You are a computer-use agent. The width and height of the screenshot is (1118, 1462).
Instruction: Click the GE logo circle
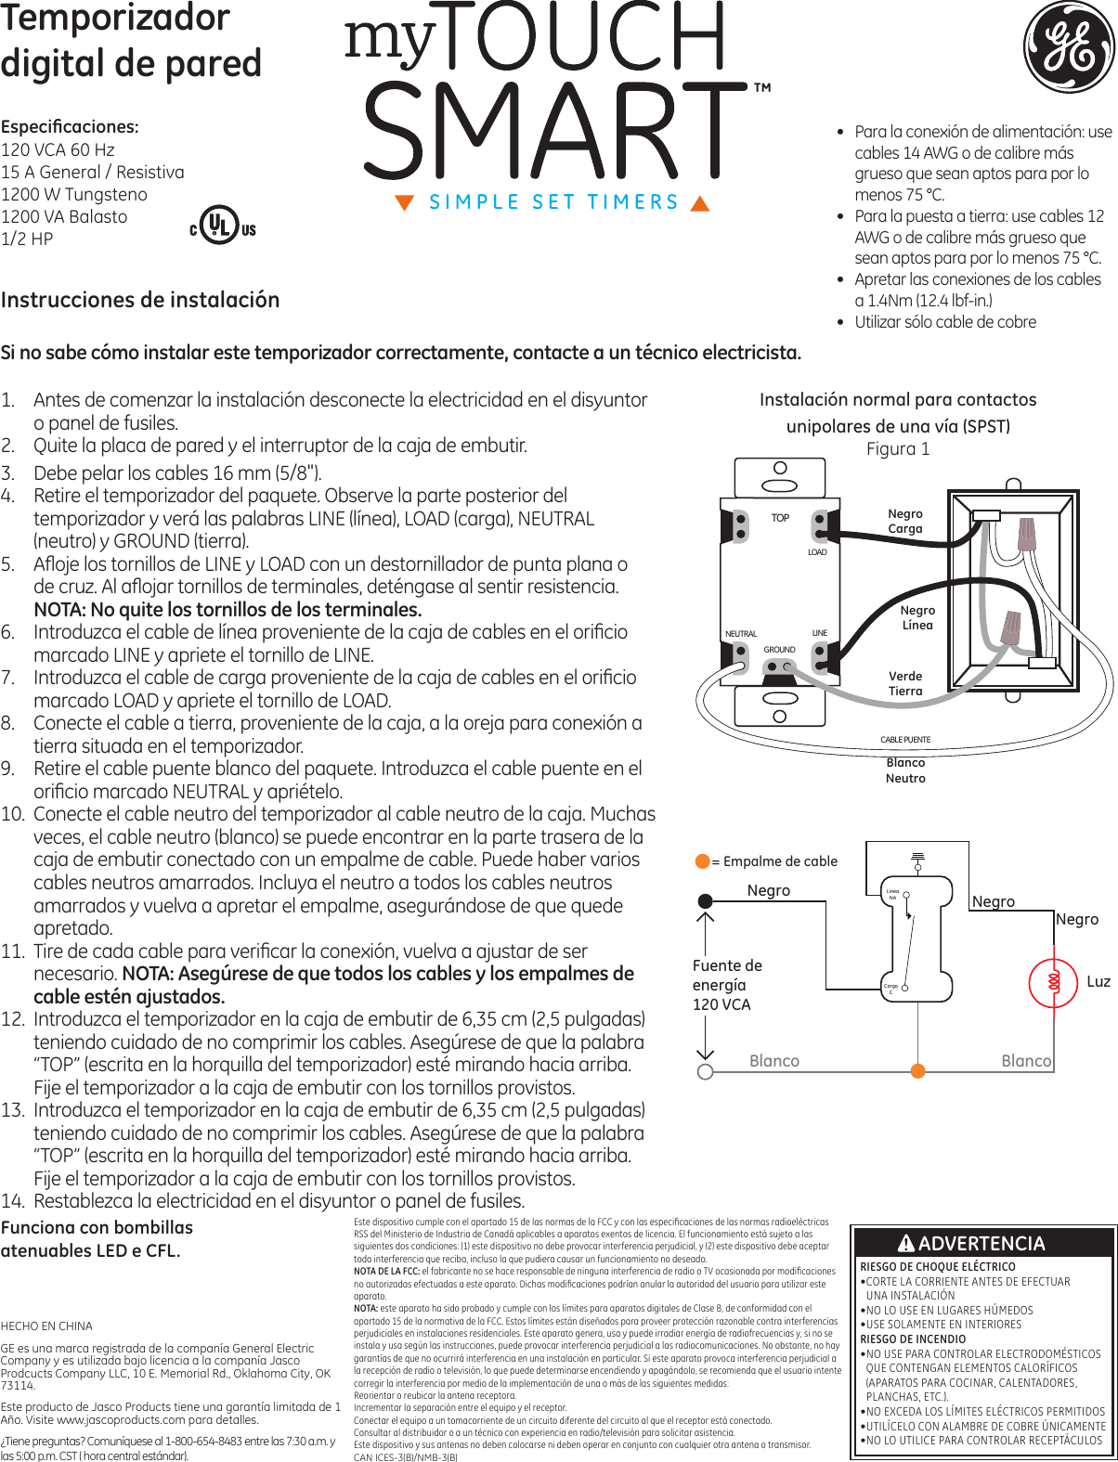[1069, 47]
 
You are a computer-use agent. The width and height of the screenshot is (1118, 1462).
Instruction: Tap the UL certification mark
[221, 225]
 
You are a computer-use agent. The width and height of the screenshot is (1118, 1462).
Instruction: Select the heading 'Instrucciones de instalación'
[140, 300]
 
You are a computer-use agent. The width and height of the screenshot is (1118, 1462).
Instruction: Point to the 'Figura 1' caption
[897, 449]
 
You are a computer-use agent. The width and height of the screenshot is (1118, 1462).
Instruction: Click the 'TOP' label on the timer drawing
[780, 518]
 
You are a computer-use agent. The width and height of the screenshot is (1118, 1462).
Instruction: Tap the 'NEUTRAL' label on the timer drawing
[740, 634]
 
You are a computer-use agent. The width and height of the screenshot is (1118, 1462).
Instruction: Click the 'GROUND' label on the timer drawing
[779, 650]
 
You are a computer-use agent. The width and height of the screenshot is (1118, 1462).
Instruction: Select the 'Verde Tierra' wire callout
[904, 683]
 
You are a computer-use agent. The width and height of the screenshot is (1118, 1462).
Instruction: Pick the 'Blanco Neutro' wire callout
[904, 770]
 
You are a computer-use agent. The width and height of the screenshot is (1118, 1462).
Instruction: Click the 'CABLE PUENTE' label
[904, 740]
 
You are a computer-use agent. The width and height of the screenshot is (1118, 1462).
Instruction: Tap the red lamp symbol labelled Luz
[1054, 981]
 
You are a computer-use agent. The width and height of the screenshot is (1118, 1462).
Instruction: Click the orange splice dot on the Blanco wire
[918, 1071]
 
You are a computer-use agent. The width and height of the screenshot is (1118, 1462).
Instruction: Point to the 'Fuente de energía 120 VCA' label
[726, 985]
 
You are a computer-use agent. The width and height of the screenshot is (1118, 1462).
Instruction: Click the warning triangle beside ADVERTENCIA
[905, 1243]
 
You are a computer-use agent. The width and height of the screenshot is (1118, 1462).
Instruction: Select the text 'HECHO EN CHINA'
[46, 1326]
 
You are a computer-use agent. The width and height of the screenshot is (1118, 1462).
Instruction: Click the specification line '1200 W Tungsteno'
[74, 194]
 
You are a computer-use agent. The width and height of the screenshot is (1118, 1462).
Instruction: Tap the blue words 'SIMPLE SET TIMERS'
[553, 202]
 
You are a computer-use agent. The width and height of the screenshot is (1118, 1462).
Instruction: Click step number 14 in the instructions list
[12, 1201]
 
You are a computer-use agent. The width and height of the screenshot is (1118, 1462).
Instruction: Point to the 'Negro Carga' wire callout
[904, 521]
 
